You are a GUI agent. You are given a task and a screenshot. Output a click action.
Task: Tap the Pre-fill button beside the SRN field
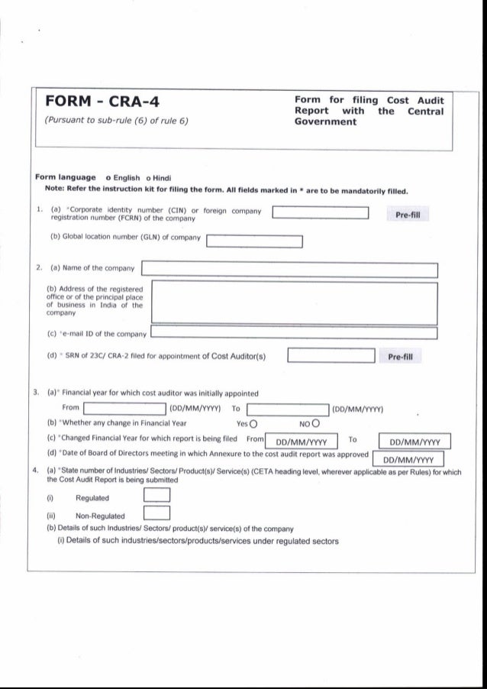pos(401,356)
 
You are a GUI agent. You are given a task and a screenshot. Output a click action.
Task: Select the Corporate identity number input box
pos(321,213)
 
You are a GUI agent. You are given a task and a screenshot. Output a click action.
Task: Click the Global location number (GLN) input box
pos(255,243)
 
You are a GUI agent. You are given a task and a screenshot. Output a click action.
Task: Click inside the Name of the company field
pos(290,270)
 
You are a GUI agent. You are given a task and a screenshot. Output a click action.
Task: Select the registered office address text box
pos(295,302)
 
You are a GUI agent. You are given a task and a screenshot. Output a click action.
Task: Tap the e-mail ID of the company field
pos(294,333)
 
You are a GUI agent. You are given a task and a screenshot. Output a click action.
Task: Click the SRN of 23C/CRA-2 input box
pos(331,356)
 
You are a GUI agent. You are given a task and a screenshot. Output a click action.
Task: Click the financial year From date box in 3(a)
pos(125,409)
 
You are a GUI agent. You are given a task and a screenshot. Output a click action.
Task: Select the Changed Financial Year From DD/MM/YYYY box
pos(301,442)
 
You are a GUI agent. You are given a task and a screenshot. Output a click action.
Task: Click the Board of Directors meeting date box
pos(408,459)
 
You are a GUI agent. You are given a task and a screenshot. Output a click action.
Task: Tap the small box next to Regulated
pos(156,497)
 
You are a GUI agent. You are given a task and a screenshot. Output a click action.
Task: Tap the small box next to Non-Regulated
pos(156,515)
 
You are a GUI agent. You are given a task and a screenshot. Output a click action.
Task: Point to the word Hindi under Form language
pos(165,177)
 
